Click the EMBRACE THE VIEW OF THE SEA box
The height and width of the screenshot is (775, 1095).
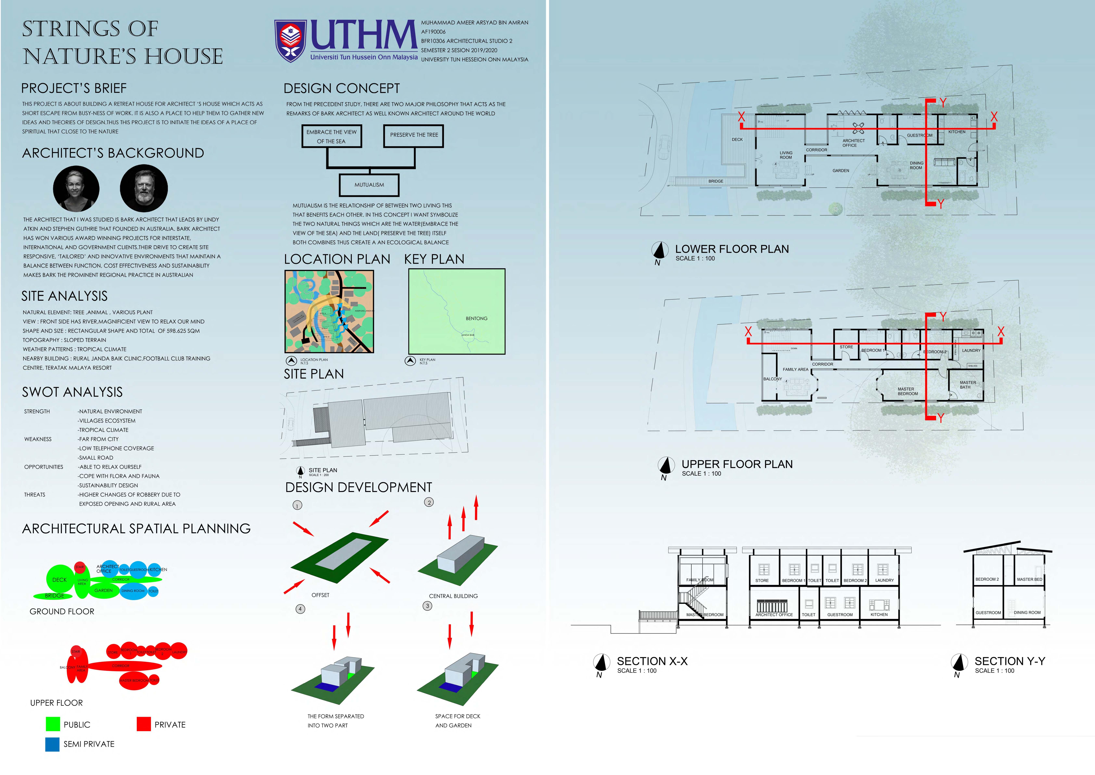332,137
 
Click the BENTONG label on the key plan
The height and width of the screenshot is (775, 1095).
476,318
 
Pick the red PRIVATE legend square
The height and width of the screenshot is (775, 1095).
144,724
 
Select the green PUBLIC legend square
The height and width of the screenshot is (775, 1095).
53,724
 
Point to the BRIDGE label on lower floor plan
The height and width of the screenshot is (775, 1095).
715,181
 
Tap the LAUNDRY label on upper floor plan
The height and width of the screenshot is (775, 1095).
971,350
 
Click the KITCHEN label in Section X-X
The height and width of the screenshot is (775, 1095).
879,615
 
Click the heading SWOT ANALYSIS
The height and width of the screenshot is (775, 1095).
72,392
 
